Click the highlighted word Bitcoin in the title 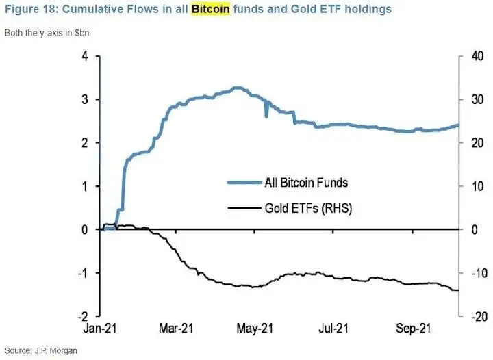pyautogui.click(x=210, y=10)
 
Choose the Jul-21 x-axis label pyautogui.click(x=334, y=329)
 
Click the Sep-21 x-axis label pyautogui.click(x=413, y=329)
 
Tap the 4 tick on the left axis pyautogui.click(x=85, y=56)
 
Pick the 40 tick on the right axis pyautogui.click(x=472, y=56)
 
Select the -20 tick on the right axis pyautogui.click(x=471, y=316)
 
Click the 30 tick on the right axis pyautogui.click(x=472, y=100)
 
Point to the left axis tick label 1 pyautogui.click(x=85, y=186)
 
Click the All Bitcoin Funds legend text pyautogui.click(x=306, y=183)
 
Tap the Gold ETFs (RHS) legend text pyautogui.click(x=308, y=207)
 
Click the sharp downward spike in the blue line pyautogui.click(x=266, y=116)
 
